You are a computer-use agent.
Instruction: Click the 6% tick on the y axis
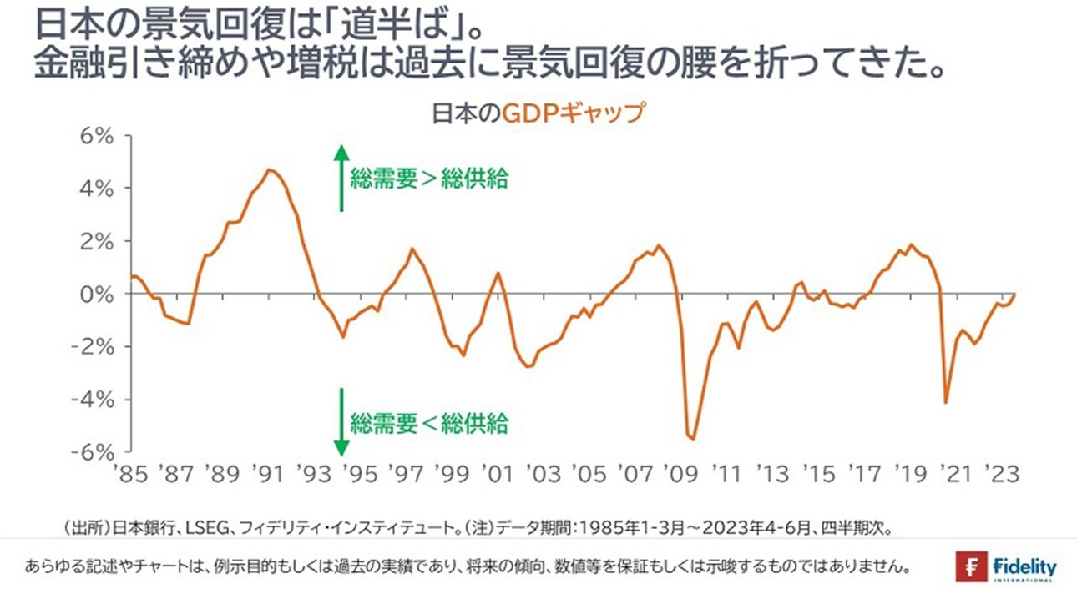coord(94,135)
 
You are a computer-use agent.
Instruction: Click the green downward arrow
coord(340,421)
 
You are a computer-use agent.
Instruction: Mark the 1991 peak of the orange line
coord(269,170)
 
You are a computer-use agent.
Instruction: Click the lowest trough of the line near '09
coord(693,439)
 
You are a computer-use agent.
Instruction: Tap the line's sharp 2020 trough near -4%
coord(946,403)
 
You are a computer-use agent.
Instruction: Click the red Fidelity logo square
coord(971,566)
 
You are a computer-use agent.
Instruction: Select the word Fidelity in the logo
coord(1025,566)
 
